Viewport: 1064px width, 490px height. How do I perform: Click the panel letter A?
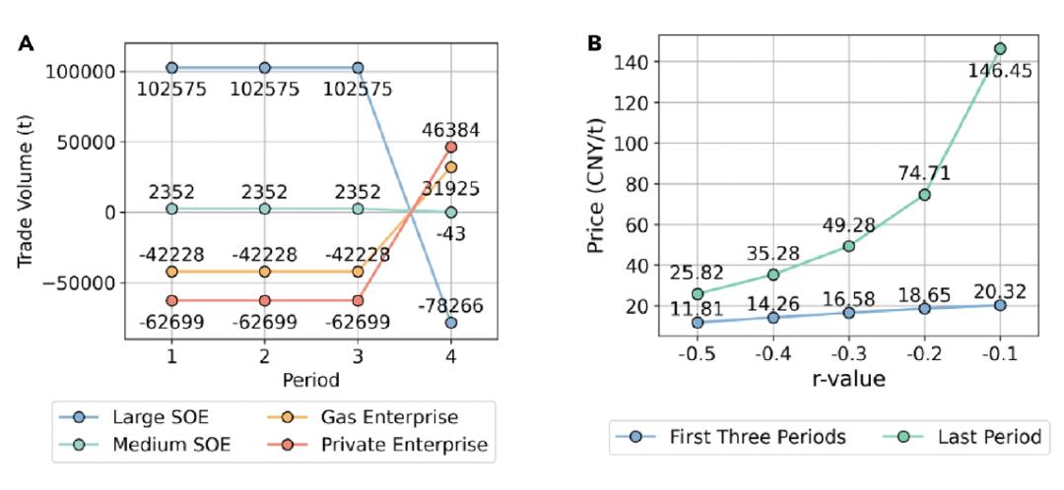pos(26,43)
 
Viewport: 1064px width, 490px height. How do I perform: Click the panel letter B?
pos(596,43)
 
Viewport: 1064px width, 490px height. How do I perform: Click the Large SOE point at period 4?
pos(451,322)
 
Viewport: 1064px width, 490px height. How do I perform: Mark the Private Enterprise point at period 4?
pos(451,147)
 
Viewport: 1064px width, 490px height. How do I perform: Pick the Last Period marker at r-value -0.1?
pos(1000,48)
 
